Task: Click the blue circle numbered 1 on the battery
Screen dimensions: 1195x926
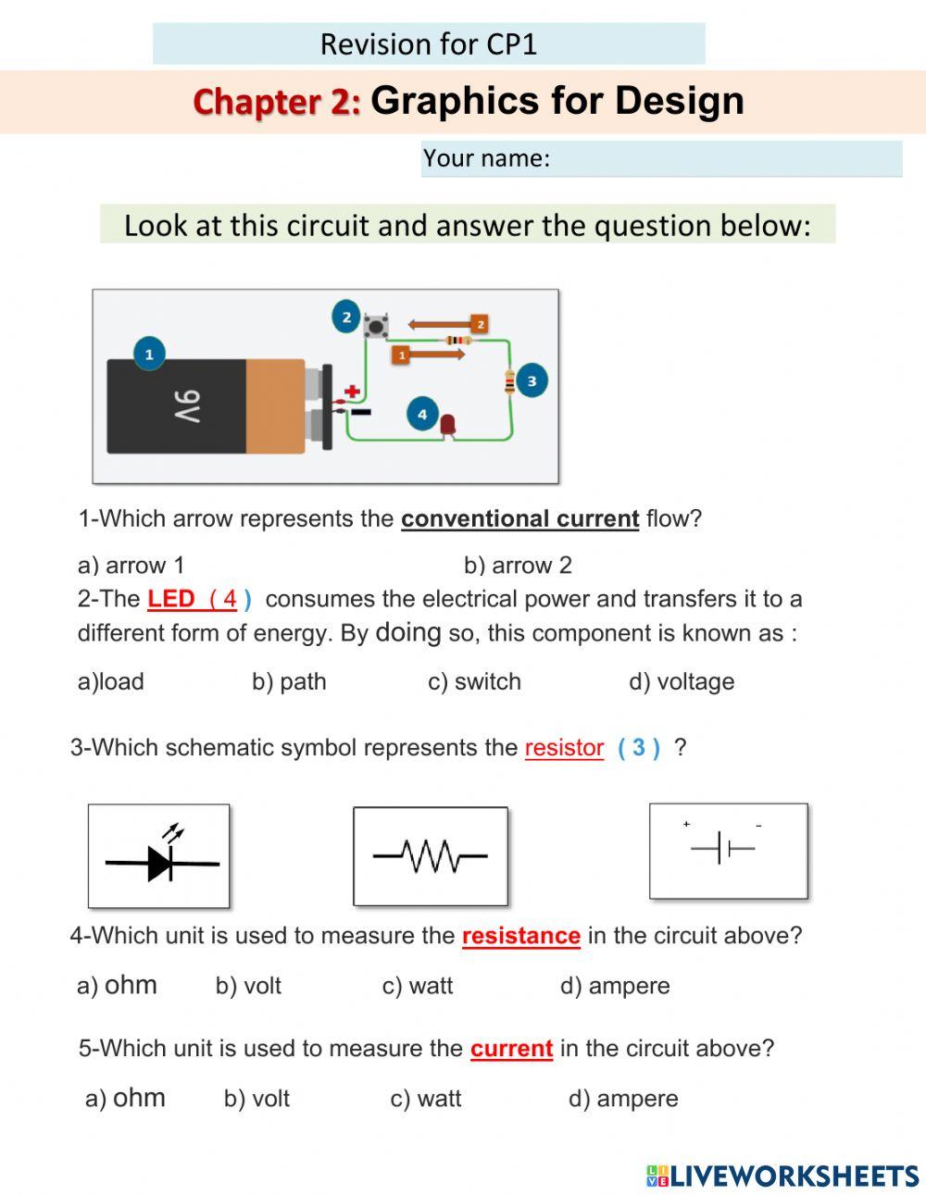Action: [149, 354]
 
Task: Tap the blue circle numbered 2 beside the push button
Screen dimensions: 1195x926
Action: [346, 317]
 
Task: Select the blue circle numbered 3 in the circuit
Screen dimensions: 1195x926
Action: [532, 380]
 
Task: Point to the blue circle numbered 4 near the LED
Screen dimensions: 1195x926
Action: [422, 414]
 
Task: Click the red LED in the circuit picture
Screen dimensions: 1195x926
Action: [448, 425]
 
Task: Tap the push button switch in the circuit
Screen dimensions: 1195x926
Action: [375, 326]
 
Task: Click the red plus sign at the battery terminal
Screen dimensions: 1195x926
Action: [352, 392]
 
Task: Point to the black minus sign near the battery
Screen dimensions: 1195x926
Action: [360, 412]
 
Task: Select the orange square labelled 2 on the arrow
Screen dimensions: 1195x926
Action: [478, 324]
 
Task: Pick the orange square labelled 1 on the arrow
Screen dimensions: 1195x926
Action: [401, 355]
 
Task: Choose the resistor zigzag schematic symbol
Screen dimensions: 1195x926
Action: [431, 856]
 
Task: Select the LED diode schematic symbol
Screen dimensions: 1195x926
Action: [159, 856]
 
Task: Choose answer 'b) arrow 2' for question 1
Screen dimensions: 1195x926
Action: [518, 565]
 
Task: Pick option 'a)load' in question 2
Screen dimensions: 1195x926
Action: [111, 682]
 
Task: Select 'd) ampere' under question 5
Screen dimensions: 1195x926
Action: [623, 1099]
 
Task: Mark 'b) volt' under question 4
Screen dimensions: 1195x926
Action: [248, 986]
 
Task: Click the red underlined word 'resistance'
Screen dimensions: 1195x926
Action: [520, 936]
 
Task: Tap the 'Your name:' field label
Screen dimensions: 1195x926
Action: [486, 158]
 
